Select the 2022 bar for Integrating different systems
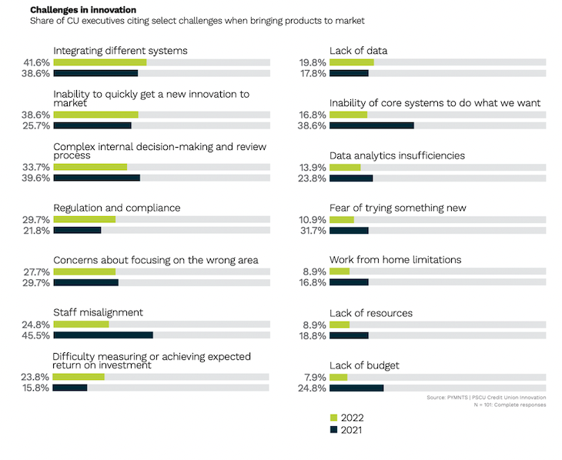tap(99, 62)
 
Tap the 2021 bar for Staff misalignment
tap(102, 335)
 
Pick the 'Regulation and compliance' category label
tap(116, 208)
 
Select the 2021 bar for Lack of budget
tap(356, 388)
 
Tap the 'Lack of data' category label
tap(358, 51)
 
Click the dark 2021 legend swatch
tap(333, 430)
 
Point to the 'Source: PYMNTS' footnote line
tap(486, 397)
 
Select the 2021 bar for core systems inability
tap(371, 125)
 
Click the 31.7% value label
tap(313, 230)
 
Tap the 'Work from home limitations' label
tap(395, 260)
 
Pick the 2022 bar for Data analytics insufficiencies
tap(344, 167)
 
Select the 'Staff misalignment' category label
tap(98, 312)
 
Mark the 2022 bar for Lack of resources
tap(339, 324)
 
